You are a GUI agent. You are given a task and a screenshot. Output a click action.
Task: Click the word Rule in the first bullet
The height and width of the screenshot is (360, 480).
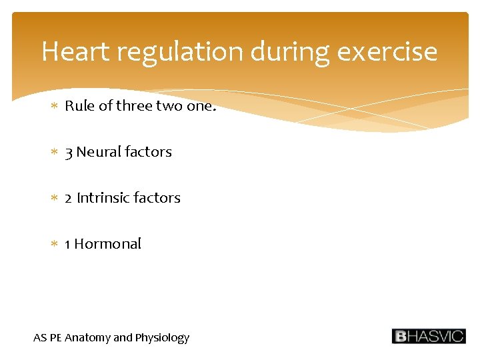[79, 106]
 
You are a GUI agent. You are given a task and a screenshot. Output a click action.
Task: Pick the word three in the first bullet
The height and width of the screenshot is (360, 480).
[134, 106]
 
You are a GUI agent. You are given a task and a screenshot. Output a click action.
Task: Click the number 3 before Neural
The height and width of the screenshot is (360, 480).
[69, 153]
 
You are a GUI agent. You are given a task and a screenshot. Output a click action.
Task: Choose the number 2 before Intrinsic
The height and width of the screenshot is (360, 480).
[69, 198]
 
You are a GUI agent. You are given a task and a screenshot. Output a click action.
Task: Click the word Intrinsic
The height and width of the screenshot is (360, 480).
[103, 198]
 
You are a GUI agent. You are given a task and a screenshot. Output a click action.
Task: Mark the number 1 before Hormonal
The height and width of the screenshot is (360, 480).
[68, 244]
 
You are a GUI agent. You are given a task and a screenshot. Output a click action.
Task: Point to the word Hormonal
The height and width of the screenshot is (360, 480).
[108, 244]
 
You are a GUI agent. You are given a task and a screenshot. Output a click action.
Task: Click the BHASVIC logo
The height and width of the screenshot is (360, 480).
[428, 336]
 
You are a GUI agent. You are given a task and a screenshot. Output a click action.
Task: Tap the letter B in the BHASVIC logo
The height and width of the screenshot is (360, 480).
[400, 336]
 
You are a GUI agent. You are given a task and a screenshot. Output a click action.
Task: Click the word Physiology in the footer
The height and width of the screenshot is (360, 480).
[162, 338]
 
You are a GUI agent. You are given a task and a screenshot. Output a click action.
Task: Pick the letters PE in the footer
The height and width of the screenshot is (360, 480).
[55, 337]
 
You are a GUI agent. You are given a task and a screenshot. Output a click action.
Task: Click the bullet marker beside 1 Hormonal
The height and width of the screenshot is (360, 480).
[55, 245]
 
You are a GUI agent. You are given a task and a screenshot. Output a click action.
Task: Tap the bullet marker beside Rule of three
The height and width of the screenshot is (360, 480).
[55, 107]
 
